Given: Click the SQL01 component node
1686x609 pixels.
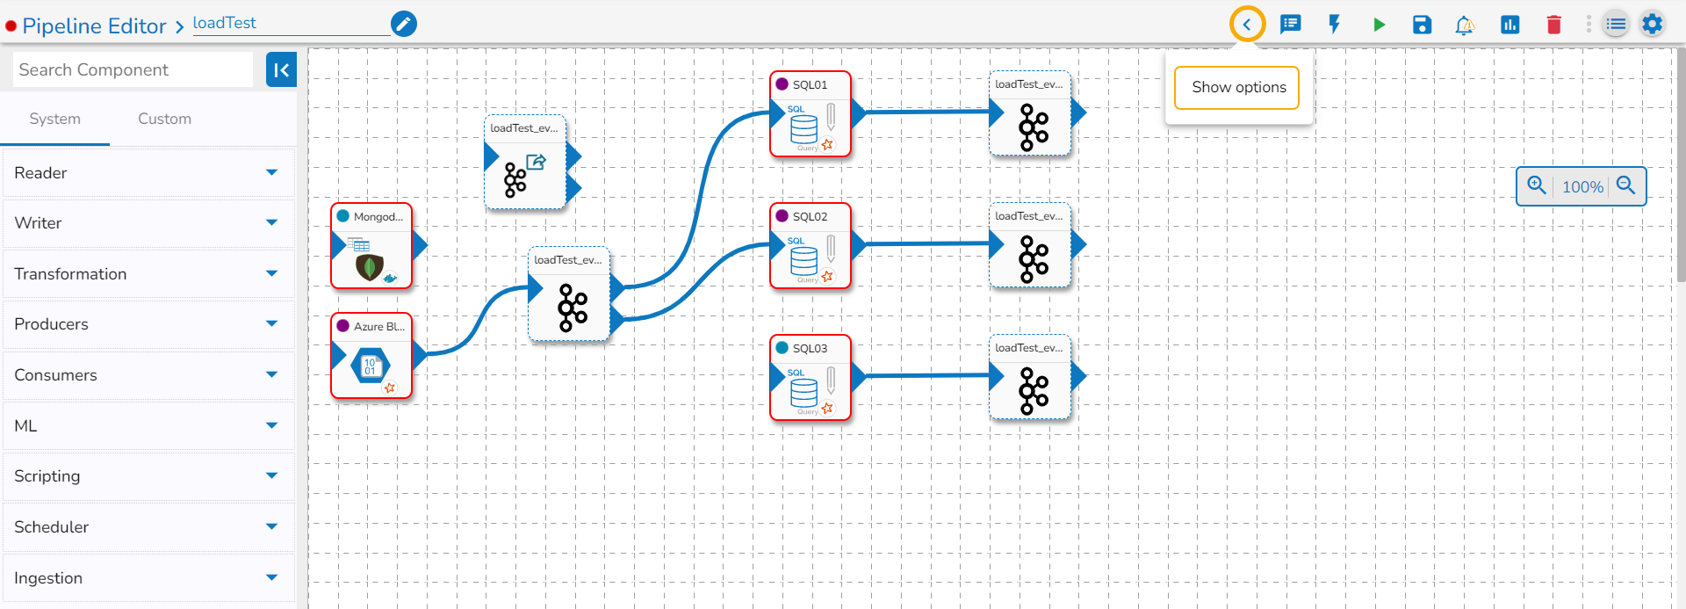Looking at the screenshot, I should coord(810,115).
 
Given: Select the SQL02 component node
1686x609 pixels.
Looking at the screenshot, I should coord(810,247).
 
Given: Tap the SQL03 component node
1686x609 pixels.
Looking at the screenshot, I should coord(810,379).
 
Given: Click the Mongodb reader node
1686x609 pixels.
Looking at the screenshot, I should coord(371,247).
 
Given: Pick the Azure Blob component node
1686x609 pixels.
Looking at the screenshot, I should coord(371,357).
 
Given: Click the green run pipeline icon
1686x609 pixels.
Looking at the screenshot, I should coord(1379,25).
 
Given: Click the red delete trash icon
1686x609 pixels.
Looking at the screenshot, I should coord(1553,25).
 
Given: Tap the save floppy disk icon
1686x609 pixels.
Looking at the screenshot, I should coord(1422,25).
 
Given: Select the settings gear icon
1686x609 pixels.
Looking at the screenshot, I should coord(1652,25).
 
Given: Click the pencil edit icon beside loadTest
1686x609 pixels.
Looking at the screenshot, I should coord(403,24).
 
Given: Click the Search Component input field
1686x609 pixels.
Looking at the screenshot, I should coord(133,69).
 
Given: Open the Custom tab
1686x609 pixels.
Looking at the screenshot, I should coord(164,119).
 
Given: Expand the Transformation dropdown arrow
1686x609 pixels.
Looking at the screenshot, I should coord(271,274).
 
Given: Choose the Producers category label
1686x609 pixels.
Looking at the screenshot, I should coord(52,324).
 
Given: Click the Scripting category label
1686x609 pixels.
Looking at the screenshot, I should coord(47,476).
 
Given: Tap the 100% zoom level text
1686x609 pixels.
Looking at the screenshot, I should coord(1582,187).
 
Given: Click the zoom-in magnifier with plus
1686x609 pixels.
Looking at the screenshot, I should coord(1536,185).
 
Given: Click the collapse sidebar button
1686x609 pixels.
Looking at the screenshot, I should coord(281,69).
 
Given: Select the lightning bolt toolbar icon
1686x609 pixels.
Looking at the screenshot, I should coord(1334,25).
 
